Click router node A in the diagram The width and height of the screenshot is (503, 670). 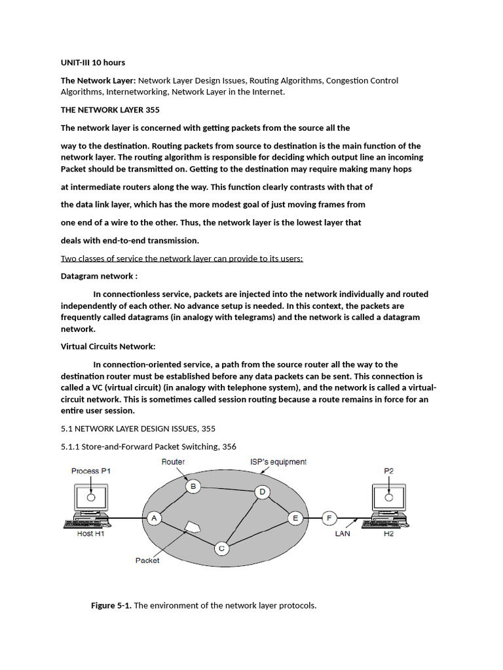[x=155, y=518]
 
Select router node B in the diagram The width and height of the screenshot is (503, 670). [x=193, y=486]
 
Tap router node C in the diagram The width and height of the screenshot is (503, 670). [x=221, y=548]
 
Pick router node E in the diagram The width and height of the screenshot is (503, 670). [x=295, y=518]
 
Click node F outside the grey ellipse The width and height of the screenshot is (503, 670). [x=329, y=518]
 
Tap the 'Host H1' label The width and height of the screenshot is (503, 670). [x=91, y=533]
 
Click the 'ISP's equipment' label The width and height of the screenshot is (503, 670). [x=278, y=462]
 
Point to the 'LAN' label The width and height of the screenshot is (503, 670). [x=343, y=533]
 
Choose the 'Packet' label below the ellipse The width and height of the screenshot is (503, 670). [x=147, y=560]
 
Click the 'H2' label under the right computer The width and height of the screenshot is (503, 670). [x=389, y=533]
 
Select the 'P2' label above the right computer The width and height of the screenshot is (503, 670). [x=389, y=471]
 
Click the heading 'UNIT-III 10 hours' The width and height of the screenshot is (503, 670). [x=92, y=63]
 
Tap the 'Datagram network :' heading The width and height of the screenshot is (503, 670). [x=99, y=276]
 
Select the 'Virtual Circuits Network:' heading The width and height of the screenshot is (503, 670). [x=108, y=346]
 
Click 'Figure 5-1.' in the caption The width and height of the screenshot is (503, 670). [x=111, y=605]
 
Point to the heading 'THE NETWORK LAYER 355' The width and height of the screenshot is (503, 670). [x=110, y=110]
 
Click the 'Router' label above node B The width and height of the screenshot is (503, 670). [x=173, y=462]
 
